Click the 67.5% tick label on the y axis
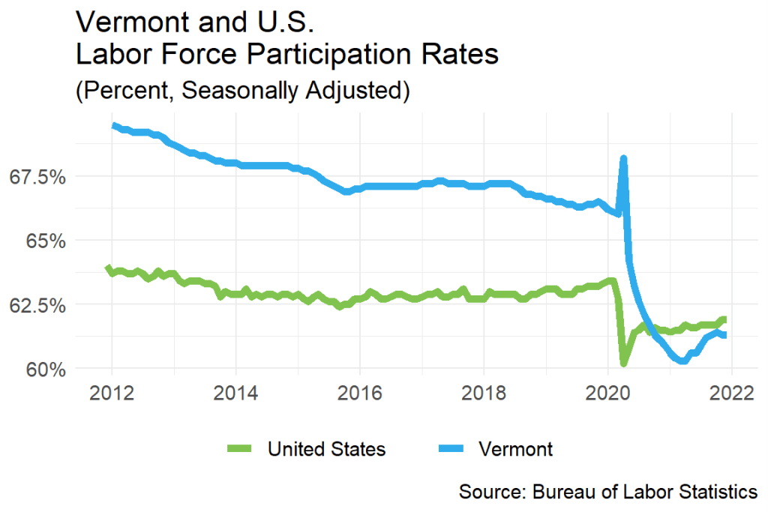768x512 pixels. coord(36,177)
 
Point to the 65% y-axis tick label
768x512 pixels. coord(43,241)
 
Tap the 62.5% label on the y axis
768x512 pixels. coord(36,306)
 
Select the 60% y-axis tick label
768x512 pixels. coord(43,370)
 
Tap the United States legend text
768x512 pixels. coord(326,449)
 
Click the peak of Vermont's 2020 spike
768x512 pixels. coord(623,159)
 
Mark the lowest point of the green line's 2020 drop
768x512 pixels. coord(623,364)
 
